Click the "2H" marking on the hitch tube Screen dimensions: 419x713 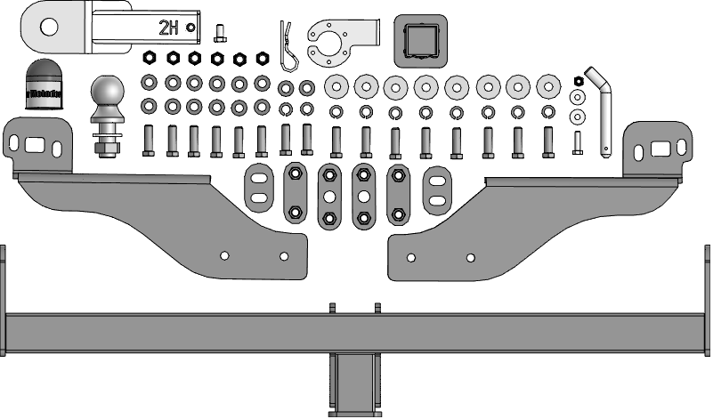(x=168, y=28)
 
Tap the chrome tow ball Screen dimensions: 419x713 (x=108, y=93)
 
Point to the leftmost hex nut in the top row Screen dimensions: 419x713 (x=150, y=59)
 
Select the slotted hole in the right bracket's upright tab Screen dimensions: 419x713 (x=662, y=148)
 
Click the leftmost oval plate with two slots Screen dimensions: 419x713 (x=258, y=189)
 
